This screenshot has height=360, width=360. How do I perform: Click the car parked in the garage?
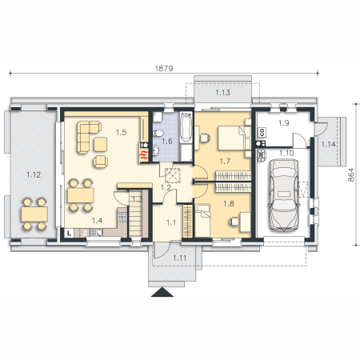pos(284,195)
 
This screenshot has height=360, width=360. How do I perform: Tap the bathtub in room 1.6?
pos(186,127)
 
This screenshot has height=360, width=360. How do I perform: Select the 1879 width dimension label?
pos(164,69)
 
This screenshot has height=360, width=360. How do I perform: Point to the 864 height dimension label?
pos(351,174)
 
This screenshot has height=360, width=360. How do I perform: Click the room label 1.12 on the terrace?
pos(34,175)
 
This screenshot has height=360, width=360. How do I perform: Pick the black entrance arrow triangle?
pos(162,292)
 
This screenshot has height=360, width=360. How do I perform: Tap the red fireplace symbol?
pos(144,155)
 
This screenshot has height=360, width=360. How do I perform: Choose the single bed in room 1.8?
pos(202,220)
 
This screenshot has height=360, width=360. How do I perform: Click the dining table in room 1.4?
pos(81,195)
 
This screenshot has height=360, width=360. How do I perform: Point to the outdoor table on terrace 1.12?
pos(34,214)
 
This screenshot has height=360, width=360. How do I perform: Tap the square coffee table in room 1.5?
pos(101,144)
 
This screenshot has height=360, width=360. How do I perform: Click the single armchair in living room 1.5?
pos(101,162)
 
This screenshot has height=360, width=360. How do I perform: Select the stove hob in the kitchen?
pos(122,217)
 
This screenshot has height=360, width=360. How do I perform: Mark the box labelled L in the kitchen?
pos(70,233)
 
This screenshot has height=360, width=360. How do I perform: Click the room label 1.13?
pos(222,93)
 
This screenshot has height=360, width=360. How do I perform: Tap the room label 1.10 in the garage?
pos(286,153)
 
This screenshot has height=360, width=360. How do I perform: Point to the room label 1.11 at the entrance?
pos(179,258)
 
